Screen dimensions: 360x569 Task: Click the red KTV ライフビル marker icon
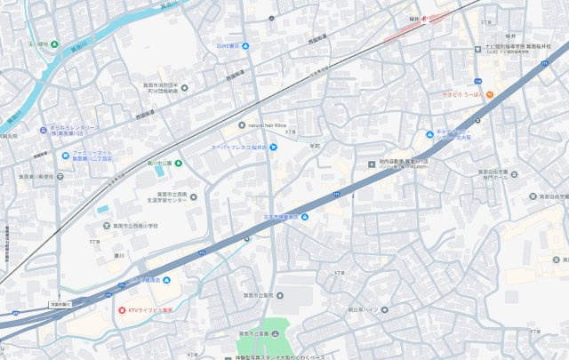122,309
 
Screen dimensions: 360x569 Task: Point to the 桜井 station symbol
424,19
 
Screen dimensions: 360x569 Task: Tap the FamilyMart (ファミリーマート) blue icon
64,156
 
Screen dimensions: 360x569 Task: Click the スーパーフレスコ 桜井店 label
238,147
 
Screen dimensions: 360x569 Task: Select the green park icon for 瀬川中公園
178,163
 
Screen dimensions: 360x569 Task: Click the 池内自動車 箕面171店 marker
372,163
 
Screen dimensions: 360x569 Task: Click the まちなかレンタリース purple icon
43,131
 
